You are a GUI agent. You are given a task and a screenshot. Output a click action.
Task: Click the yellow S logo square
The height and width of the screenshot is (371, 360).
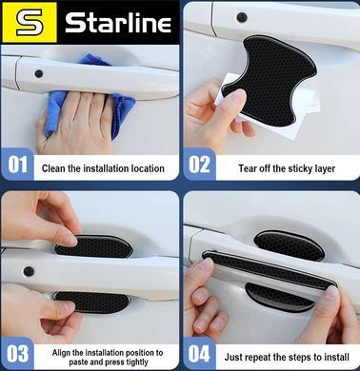coord(30,22)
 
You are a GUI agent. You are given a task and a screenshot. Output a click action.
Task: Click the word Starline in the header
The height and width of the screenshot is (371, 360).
coord(118,22)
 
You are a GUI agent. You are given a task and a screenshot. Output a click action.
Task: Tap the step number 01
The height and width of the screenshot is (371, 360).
coord(18,165)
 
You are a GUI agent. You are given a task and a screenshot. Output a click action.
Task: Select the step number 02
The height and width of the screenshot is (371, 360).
coord(199,165)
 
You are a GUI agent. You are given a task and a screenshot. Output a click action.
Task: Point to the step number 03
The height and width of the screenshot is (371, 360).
coord(18,353)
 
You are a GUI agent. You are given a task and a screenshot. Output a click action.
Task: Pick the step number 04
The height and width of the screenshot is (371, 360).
coord(199,353)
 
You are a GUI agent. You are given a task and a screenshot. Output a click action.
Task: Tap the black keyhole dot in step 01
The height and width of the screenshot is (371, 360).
coord(39,74)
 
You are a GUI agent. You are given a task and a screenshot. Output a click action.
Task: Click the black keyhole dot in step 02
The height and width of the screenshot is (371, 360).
coord(242,17)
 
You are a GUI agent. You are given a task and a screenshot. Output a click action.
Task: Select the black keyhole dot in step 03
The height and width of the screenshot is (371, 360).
coord(29,271)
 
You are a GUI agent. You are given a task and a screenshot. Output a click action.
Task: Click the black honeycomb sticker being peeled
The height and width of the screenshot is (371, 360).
coord(270,79)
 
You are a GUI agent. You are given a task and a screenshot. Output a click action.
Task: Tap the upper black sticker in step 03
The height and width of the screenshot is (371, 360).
coord(95,246)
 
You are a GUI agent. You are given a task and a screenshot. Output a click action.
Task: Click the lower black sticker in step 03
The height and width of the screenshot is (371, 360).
coord(92,302)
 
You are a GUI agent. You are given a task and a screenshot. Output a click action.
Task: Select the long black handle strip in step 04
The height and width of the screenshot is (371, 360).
coord(270,269)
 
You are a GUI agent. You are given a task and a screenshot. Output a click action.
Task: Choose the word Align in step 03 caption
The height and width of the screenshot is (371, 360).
coord(61,352)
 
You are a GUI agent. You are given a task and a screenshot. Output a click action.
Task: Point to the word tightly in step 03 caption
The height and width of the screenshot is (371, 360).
coord(136,362)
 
